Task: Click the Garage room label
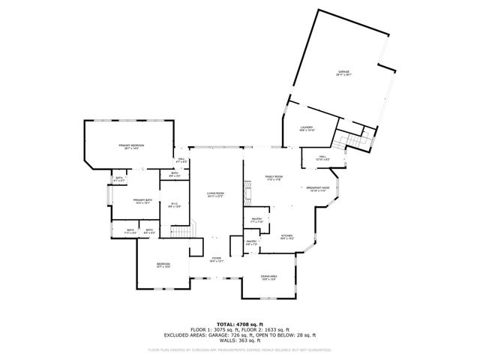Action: tap(343, 72)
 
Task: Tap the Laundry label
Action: tap(305, 128)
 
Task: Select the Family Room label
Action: tap(273, 176)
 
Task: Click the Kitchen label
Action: tap(286, 236)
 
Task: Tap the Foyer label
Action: tap(216, 259)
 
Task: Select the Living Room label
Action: tap(216, 193)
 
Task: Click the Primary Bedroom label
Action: tap(130, 145)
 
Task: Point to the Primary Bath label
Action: tap(143, 199)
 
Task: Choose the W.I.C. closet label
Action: tap(173, 204)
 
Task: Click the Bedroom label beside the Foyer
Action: tap(163, 264)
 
